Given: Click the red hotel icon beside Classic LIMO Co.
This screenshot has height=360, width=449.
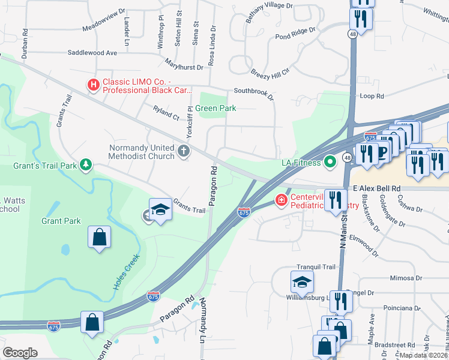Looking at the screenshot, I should pos(93,85).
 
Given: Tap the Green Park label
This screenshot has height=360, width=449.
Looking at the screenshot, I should pos(218,109).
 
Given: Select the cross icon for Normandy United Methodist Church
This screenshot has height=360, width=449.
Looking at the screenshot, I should pos(184,151).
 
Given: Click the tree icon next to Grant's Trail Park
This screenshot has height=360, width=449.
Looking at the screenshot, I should pos(86,164).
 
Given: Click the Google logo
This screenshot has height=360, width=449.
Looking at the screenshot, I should pos(20,353).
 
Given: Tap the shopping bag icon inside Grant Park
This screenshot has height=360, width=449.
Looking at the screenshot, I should pos(99,237).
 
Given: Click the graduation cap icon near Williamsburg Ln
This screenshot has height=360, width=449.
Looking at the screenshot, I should pos(302,281).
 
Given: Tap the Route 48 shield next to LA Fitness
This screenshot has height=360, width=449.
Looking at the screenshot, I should pos(347,157).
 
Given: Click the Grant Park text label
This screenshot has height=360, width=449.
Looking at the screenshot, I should pos(61,221).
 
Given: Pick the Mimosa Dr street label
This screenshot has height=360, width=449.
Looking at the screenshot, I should pos(406,278).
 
